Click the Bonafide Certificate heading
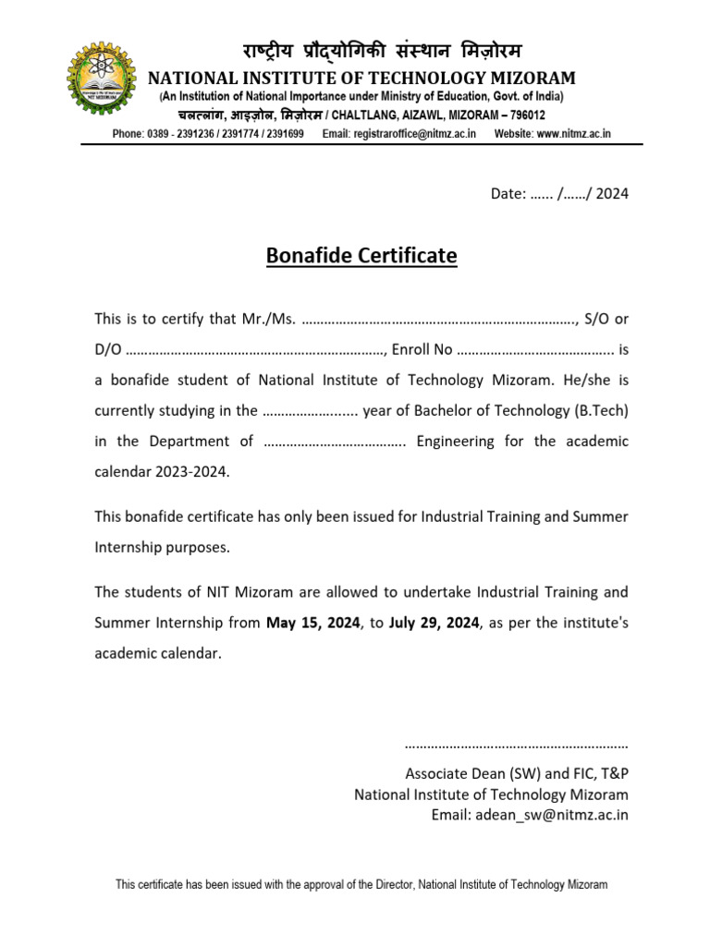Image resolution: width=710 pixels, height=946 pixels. pos(361,255)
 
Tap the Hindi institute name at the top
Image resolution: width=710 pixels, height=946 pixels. pos(361,50)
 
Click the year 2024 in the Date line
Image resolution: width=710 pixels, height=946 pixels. pos(612,194)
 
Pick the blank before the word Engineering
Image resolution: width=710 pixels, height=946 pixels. pos(335,442)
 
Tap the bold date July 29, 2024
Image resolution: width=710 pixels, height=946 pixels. pos(434,623)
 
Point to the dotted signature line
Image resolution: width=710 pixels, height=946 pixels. pos(517,744)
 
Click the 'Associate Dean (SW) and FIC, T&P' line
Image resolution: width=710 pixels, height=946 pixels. pos(517,774)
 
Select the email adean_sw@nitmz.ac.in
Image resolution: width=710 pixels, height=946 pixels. pos(530,815)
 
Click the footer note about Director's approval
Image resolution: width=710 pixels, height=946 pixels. pos(361,885)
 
